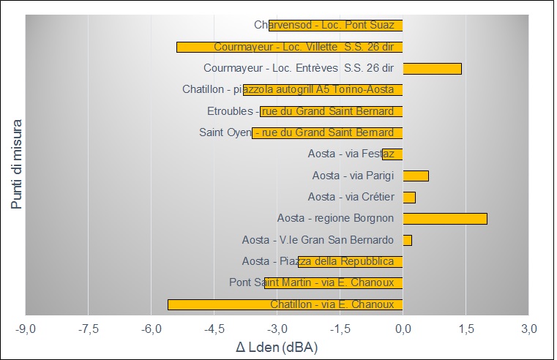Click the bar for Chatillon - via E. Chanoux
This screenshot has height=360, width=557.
click(285, 304)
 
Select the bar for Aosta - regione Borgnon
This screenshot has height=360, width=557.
click(445, 218)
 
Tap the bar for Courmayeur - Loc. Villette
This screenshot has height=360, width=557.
click(289, 47)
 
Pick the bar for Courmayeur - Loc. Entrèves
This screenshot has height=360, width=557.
click(432, 69)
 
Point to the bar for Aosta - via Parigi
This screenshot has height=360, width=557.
click(416, 176)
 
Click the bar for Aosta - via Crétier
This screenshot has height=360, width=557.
click(409, 197)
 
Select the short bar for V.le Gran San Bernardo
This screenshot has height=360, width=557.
click(408, 240)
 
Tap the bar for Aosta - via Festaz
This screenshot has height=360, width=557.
click(392, 154)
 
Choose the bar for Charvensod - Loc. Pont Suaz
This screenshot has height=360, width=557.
click(336, 26)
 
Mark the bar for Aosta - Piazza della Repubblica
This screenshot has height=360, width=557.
click(351, 261)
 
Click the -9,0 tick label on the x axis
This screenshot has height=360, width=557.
click(26, 327)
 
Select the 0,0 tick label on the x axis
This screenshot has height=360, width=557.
click(403, 327)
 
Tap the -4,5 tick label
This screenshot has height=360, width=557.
click(214, 327)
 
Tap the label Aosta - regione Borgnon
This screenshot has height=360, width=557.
click(336, 218)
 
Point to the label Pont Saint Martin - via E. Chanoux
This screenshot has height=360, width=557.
click(312, 282)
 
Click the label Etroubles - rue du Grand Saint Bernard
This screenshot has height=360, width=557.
click(301, 111)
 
